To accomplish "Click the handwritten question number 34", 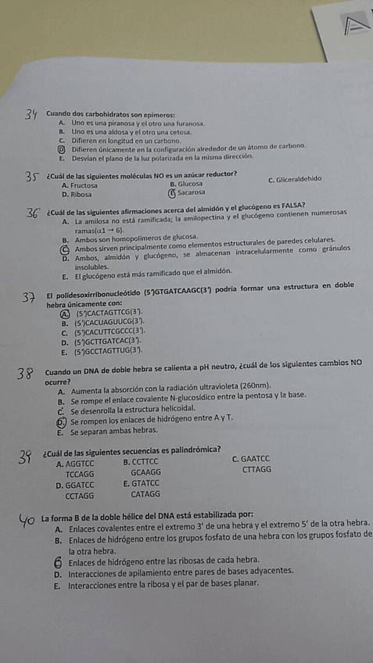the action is click(x=30, y=116).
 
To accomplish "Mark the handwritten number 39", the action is click(x=30, y=458).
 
